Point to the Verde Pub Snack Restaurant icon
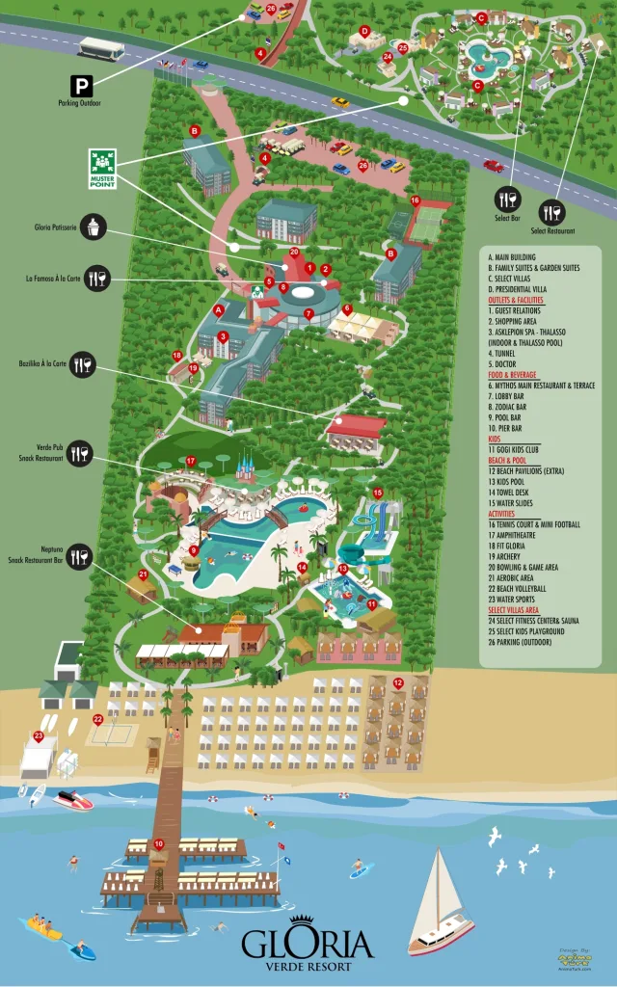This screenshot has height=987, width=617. click(79, 452)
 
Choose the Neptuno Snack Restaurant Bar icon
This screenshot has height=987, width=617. click(79, 555)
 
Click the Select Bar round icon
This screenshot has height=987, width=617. click(507, 200)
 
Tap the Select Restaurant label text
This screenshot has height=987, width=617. click(552, 231)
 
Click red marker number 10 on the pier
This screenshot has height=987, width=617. click(158, 844)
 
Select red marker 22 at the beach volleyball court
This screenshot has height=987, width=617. click(97, 719)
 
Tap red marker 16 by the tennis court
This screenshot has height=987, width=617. click(416, 200)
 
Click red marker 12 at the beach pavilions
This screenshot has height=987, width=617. click(397, 683)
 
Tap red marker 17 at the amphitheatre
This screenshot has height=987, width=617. click(191, 461)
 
